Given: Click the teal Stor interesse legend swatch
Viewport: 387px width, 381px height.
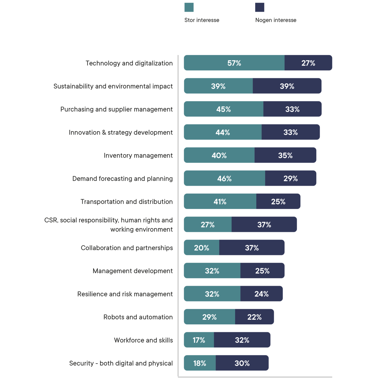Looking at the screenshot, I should (x=189, y=7).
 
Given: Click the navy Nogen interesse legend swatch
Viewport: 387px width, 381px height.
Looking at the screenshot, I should (x=260, y=7).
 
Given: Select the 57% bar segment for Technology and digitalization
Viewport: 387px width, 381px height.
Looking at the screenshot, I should (x=234, y=63).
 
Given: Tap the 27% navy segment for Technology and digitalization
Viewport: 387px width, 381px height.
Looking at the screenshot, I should (x=308, y=63).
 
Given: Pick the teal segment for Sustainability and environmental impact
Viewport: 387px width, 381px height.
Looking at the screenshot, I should (x=218, y=86).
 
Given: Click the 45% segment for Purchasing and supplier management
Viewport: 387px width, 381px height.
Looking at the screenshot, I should (x=224, y=109).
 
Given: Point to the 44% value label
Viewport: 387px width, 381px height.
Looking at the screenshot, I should (x=223, y=132).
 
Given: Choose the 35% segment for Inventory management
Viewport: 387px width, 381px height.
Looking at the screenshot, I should (x=285, y=155).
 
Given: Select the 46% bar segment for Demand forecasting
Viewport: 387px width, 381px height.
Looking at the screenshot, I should (x=224, y=178).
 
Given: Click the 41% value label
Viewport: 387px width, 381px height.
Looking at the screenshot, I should (x=220, y=202).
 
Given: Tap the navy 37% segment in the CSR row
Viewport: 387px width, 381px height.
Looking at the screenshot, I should (x=264, y=224).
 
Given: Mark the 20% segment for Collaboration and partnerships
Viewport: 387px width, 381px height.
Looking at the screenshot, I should (x=201, y=248).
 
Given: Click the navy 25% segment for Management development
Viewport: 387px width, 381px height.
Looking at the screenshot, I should (x=262, y=271).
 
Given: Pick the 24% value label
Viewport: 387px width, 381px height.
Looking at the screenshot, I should (x=261, y=294).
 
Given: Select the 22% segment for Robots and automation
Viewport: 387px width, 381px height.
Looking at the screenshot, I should (x=255, y=317).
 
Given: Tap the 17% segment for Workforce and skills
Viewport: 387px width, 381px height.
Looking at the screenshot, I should (x=199, y=340).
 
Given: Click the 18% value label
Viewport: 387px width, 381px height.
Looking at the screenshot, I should (x=200, y=363).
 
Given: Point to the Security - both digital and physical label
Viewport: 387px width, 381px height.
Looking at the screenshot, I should (x=121, y=363).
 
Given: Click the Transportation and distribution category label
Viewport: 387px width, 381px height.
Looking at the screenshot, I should (x=127, y=202).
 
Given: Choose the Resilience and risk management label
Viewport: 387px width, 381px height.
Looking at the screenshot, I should (x=125, y=294).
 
